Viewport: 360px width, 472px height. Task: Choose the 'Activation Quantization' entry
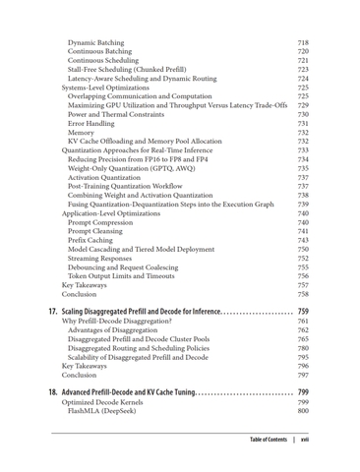tap(110, 177)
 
